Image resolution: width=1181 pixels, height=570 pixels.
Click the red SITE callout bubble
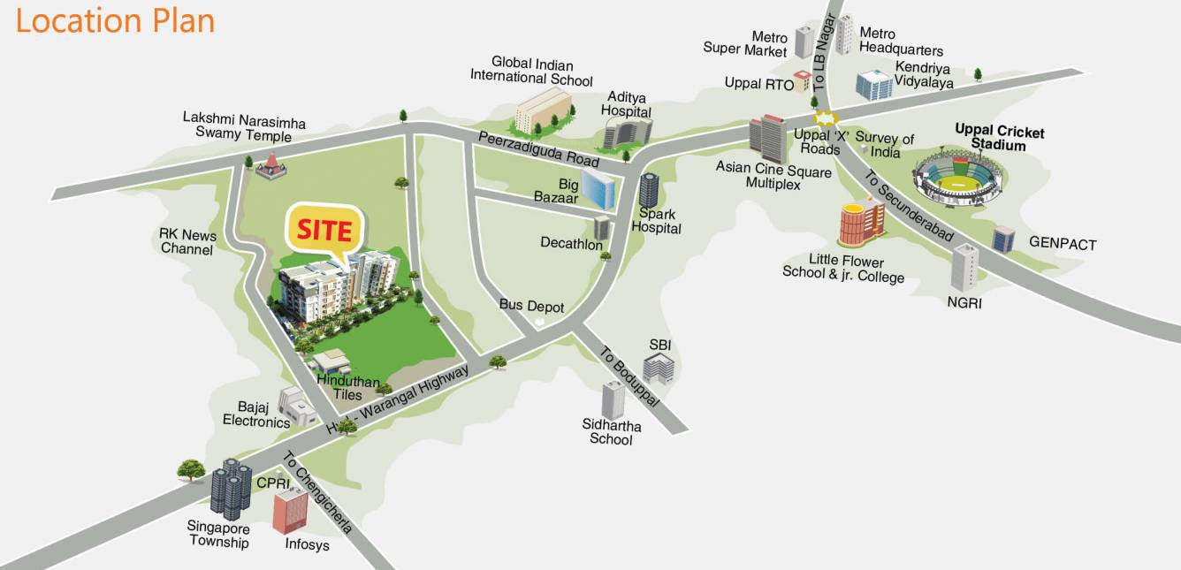324,231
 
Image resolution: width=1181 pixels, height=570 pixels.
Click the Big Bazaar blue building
601,187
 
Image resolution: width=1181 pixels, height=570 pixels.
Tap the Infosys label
307,544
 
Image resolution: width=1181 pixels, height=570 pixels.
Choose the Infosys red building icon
290,511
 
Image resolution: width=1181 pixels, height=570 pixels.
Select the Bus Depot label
531,306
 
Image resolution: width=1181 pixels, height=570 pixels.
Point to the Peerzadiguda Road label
538,149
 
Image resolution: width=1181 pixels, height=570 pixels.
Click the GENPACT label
1063,243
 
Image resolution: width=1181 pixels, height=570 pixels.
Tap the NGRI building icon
965,267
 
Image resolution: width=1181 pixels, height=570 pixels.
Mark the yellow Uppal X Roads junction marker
825,118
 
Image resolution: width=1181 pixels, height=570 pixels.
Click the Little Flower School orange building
861,222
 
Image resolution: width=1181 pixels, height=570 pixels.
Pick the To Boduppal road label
629,376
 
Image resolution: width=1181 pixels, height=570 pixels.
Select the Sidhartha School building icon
613,400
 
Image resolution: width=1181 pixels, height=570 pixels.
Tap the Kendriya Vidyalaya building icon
873,85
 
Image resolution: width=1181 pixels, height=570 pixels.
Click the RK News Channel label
187,242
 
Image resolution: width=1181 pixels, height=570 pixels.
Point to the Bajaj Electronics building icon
297,406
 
